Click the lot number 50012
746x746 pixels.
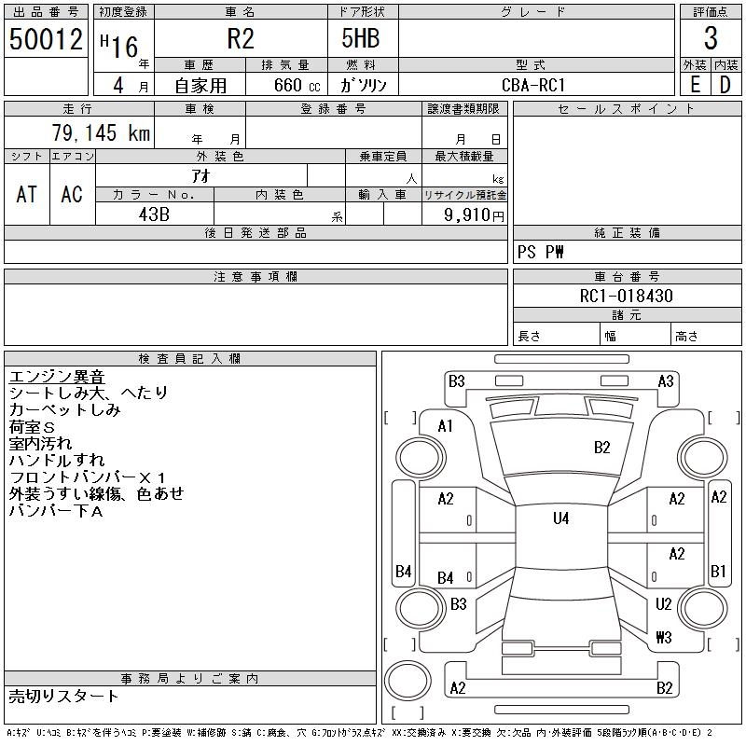46,40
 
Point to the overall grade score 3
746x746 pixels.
711,40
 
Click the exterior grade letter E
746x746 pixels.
695,84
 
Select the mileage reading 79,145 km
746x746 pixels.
101,133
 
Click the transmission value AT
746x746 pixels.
27,194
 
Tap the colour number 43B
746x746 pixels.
154,214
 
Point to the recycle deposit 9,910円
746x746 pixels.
476,214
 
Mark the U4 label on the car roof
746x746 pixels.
560,518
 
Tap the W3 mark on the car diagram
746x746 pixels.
663,638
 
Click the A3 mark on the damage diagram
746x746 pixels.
666,380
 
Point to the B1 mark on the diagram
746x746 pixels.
718,571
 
